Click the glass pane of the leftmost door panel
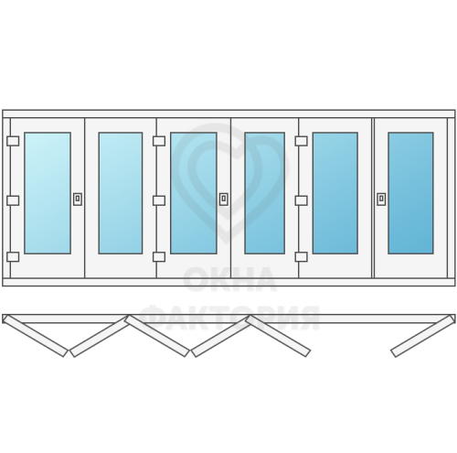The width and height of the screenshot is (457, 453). (x=48, y=193)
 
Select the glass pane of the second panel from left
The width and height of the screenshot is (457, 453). (x=121, y=193)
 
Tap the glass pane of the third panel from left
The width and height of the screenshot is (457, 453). (x=194, y=193)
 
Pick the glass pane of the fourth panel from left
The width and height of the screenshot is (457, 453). (x=264, y=193)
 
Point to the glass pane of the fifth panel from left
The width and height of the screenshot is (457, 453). (x=335, y=193)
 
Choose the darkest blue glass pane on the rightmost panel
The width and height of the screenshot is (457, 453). (x=410, y=193)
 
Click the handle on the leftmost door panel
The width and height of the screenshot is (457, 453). (x=78, y=200)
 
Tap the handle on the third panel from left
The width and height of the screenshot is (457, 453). (x=224, y=200)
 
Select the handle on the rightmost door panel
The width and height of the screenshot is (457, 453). (x=381, y=200)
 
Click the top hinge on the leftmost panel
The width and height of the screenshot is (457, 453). (x=13, y=141)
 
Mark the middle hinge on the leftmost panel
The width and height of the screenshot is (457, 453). (x=13, y=200)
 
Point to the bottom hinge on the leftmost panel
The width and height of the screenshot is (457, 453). (x=13, y=257)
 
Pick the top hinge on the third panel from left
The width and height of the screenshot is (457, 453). (x=159, y=141)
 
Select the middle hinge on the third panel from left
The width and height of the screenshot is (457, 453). (x=159, y=200)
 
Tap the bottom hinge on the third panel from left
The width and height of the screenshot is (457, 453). (x=159, y=257)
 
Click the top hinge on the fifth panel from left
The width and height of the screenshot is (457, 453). (x=302, y=141)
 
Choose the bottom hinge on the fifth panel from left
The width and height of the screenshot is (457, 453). (x=302, y=257)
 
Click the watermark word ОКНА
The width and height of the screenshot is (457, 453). (x=230, y=279)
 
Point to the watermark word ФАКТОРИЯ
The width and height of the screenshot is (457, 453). (x=229, y=318)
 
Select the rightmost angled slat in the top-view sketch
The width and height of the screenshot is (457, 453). (x=422, y=336)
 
